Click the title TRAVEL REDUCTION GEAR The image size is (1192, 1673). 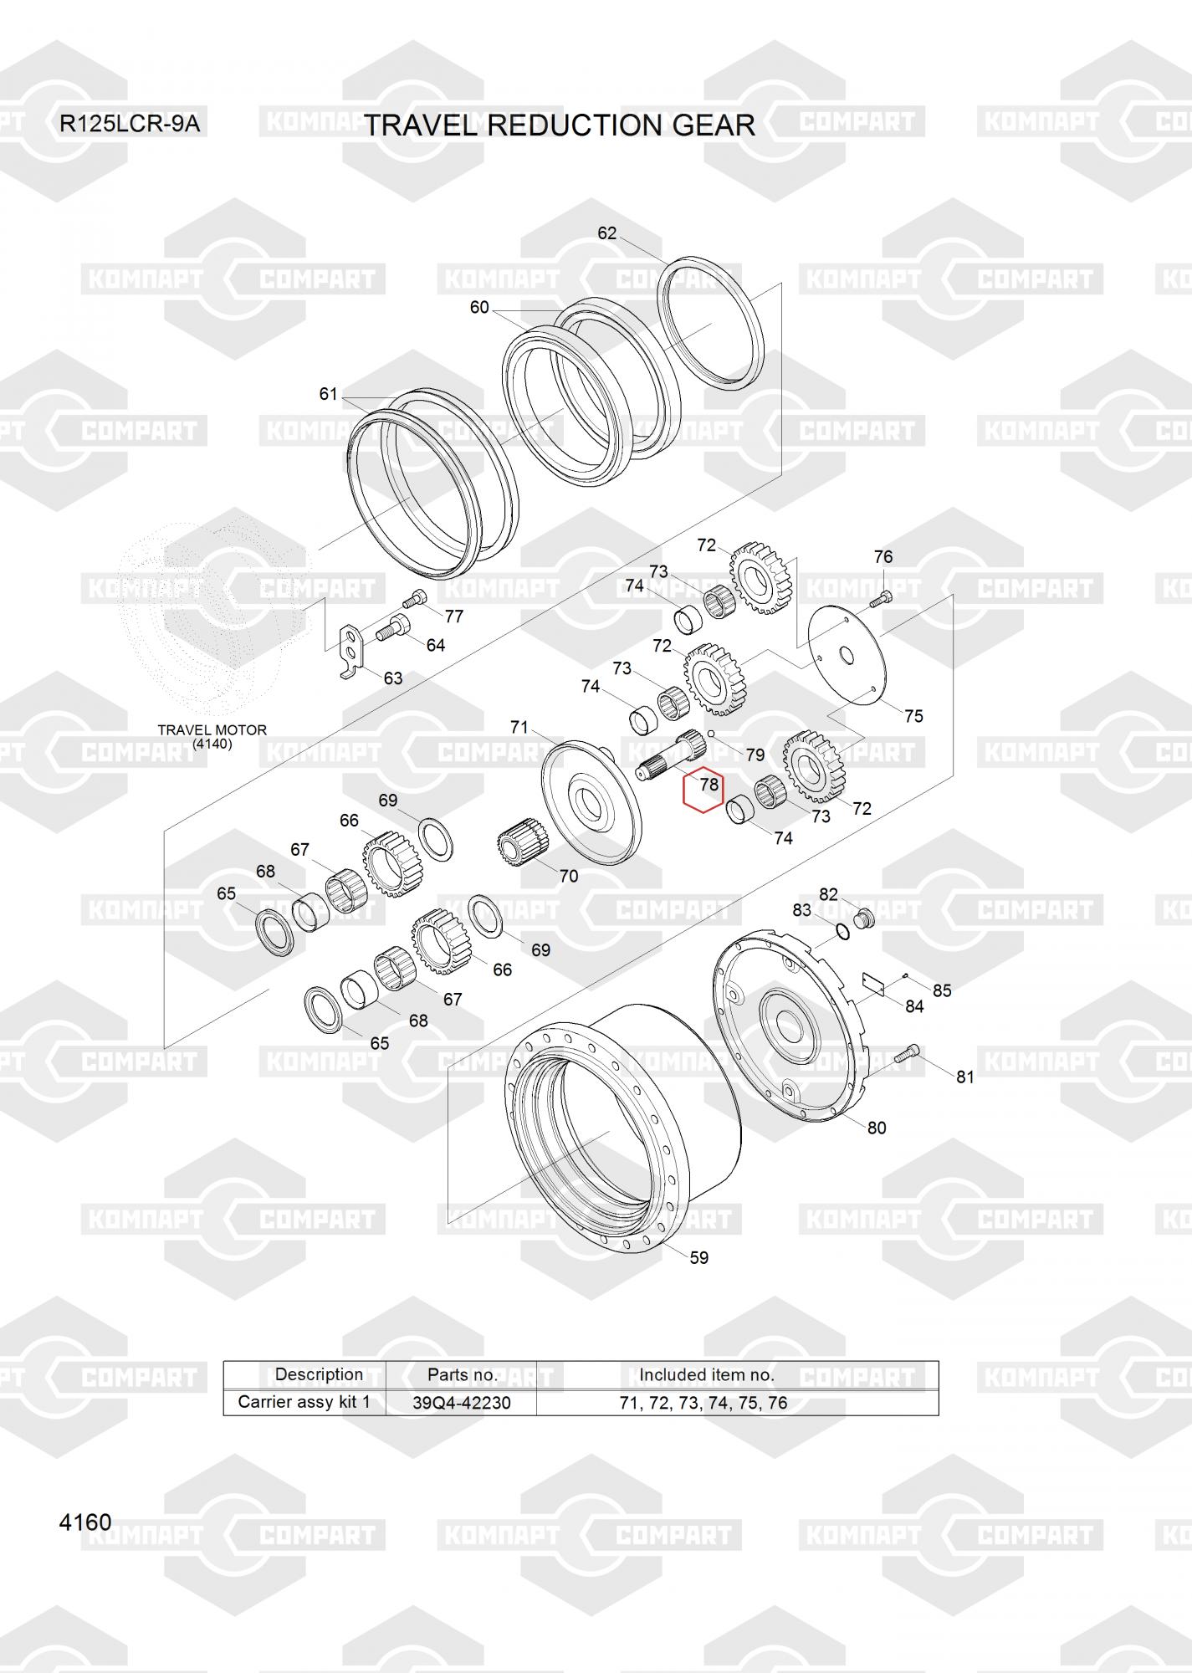pyautogui.click(x=560, y=125)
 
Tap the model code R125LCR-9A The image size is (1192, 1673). pyautogui.click(x=130, y=125)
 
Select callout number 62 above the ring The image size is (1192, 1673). pyautogui.click(x=606, y=233)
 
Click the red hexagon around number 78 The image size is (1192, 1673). pyautogui.click(x=703, y=788)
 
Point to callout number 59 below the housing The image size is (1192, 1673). pyautogui.click(x=698, y=1257)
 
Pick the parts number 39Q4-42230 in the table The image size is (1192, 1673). pyautogui.click(x=462, y=1403)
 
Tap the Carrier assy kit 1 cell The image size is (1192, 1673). pyautogui.click(x=304, y=1402)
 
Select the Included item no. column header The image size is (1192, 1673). pyautogui.click(x=707, y=1374)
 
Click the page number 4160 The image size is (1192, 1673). pyautogui.click(x=85, y=1522)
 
